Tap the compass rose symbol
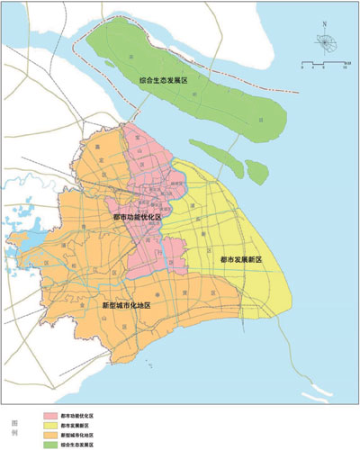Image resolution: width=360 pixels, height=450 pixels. (321, 42)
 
